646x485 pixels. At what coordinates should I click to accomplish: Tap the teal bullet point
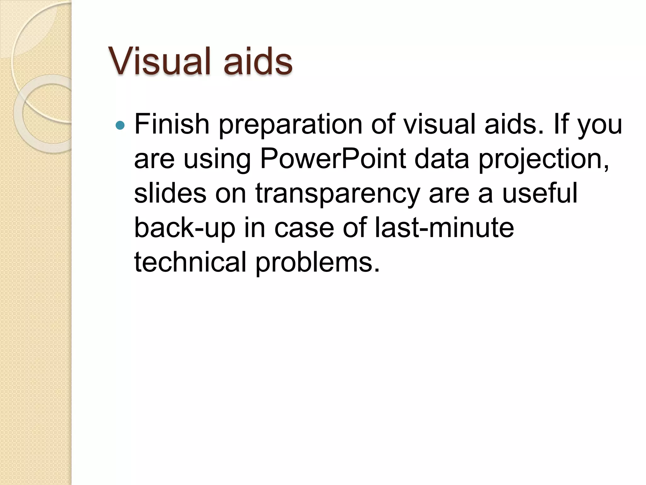pos(120,126)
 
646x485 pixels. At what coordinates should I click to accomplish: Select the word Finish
pos(172,124)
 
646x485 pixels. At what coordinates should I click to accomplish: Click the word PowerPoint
pos(333,159)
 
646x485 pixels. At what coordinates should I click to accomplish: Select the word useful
pos(540,193)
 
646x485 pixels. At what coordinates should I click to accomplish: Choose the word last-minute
pos(444,227)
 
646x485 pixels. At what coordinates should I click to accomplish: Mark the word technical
pos(190,262)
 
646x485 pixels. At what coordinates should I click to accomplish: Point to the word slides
pos(170,193)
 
